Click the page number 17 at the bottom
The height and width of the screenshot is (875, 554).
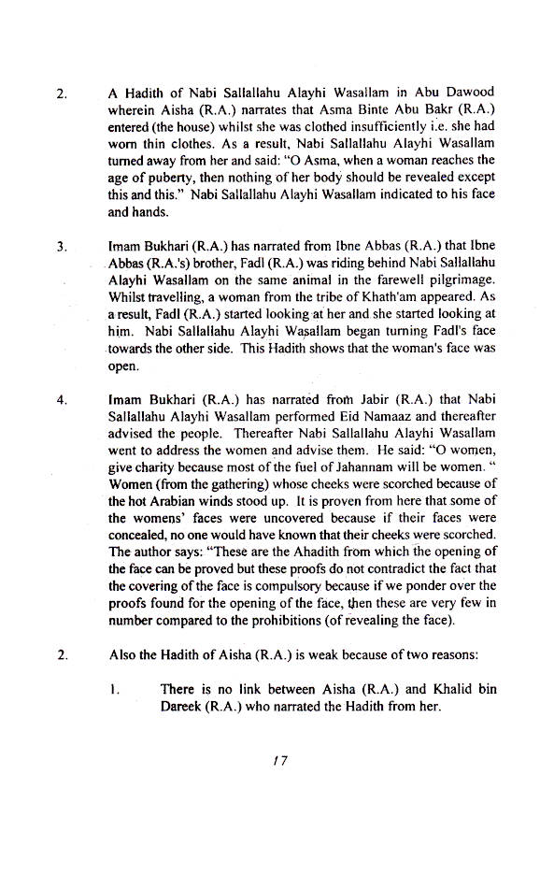(x=277, y=761)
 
